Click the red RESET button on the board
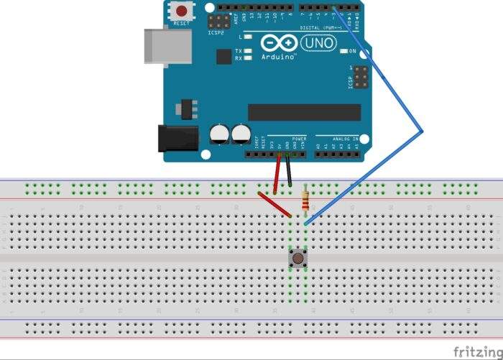tap(183, 11)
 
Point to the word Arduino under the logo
tap(279, 55)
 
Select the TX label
tap(239, 51)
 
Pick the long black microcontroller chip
tap(304, 112)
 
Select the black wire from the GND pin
tap(289, 172)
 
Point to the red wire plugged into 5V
tap(278, 172)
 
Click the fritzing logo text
tap(476, 351)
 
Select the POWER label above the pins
tap(300, 138)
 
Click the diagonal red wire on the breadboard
tap(274, 203)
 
